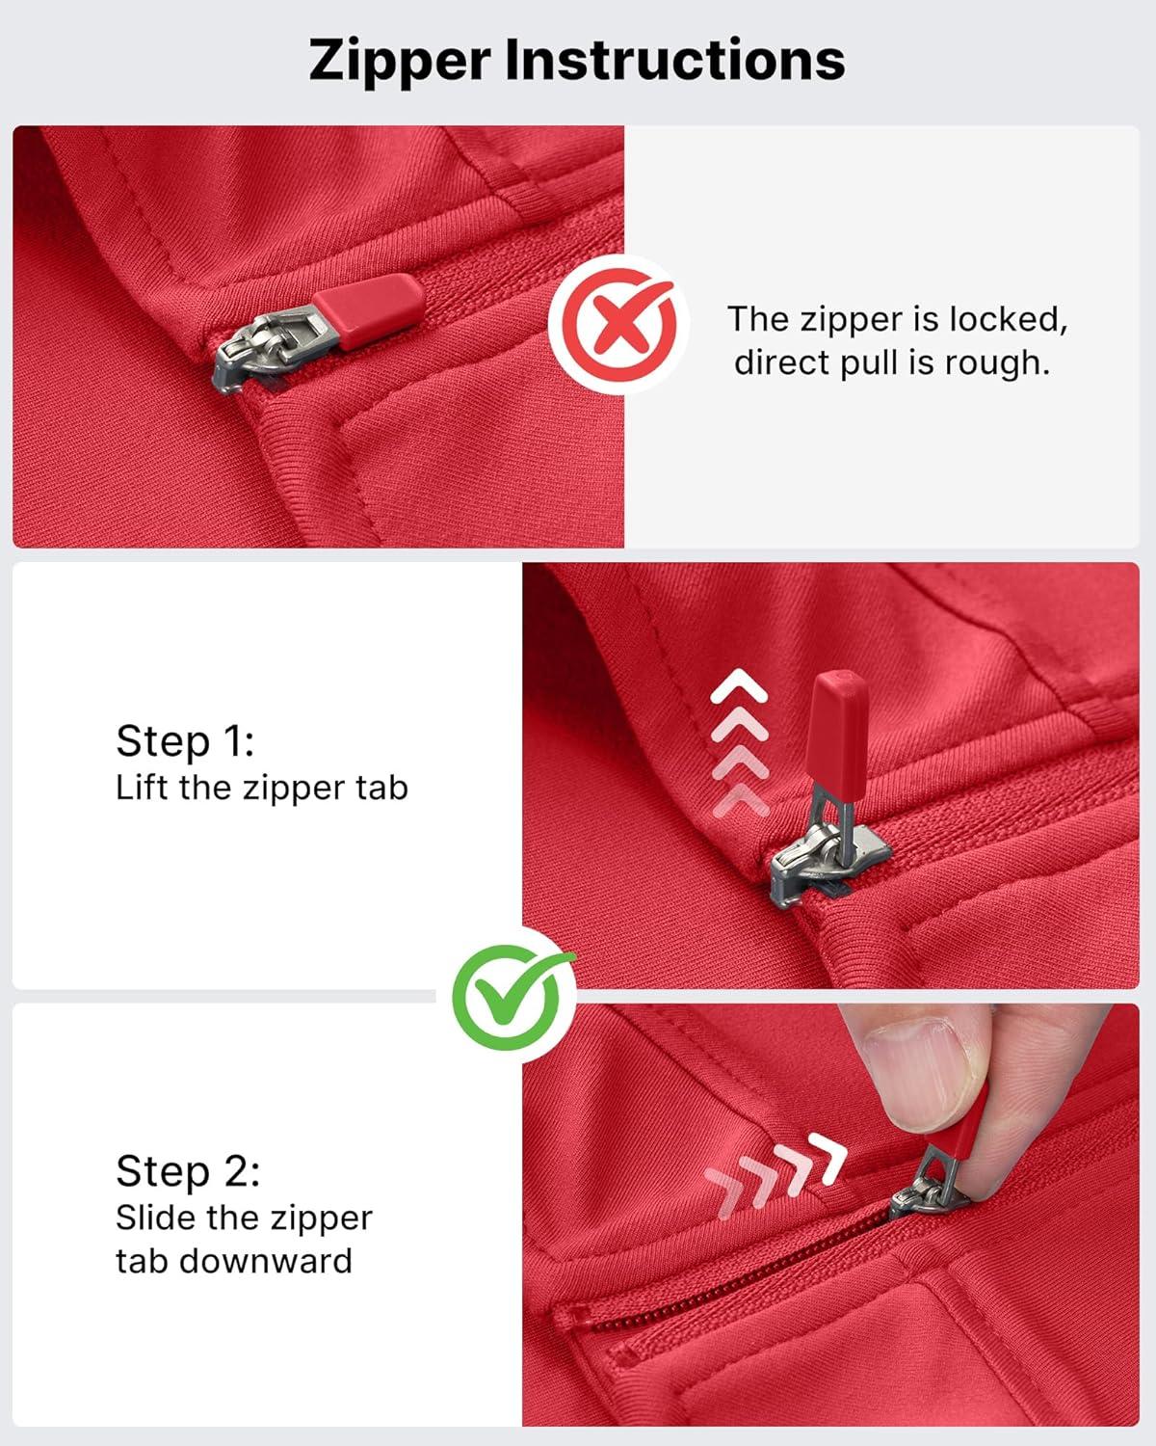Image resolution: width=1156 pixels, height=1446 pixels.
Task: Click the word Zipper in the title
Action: [x=400, y=62]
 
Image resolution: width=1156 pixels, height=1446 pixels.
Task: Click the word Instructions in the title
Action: [x=675, y=60]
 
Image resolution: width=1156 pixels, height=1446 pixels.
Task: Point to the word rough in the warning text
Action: [x=997, y=364]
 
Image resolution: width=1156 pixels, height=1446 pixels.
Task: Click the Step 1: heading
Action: [x=185, y=742]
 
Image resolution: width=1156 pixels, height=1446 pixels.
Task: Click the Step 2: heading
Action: [x=188, y=1171]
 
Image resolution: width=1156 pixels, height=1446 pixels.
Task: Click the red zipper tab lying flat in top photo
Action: [x=369, y=311]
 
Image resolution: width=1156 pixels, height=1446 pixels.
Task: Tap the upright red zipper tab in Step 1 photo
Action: [x=840, y=729]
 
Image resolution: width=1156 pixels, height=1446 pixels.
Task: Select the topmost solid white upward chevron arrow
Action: [x=739, y=685]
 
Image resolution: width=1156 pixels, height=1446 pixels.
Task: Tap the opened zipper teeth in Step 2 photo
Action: [x=732, y=1273]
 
